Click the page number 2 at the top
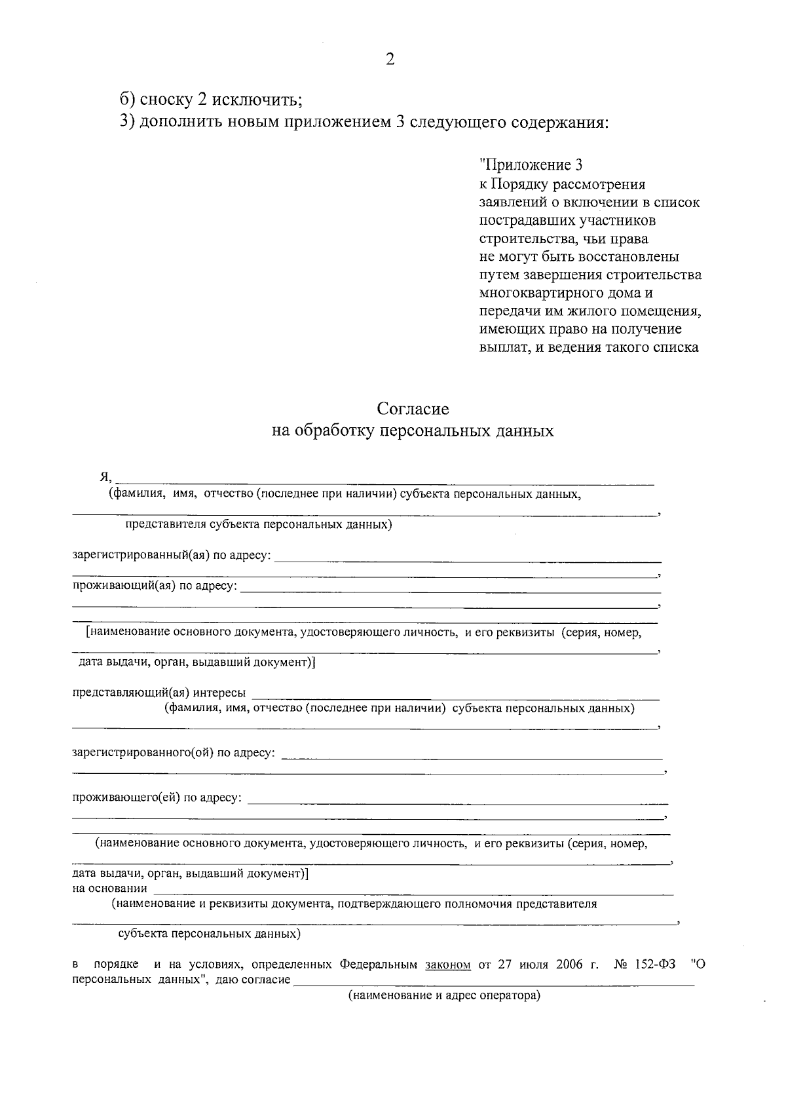pyautogui.click(x=390, y=60)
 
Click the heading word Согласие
pyautogui.click(x=413, y=409)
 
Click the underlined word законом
pyautogui.click(x=448, y=965)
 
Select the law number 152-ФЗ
pyautogui.click(x=655, y=965)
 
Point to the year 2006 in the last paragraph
pyautogui.click(x=570, y=965)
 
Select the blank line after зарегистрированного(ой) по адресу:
pyautogui.click(x=472, y=757)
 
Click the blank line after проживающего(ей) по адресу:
pyautogui.click(x=458, y=802)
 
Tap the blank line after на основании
pyautogui.click(x=413, y=893)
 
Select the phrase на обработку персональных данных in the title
pyautogui.click(x=413, y=431)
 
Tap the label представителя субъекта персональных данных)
pyautogui.click(x=259, y=525)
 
